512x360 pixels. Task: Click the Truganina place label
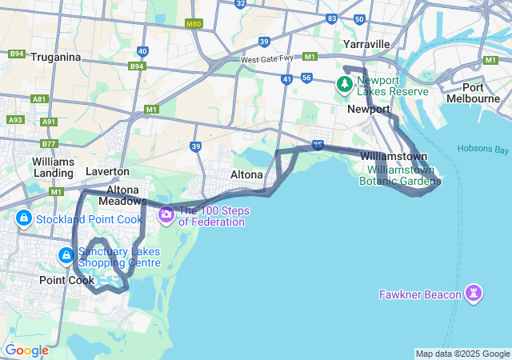tap(56, 57)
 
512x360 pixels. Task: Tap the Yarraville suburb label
tap(366, 43)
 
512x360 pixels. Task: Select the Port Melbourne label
tap(483, 93)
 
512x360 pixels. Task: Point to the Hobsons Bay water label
tap(483, 149)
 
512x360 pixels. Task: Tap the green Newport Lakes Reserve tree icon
tap(345, 84)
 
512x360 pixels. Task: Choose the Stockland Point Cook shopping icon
tap(23, 218)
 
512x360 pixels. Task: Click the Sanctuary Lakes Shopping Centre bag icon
tap(66, 256)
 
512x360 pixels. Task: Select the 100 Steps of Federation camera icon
tap(166, 214)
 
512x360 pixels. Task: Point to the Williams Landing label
tap(54, 166)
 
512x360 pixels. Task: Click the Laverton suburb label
tap(107, 171)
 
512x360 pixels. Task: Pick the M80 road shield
tap(194, 25)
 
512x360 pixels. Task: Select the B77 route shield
tap(49, 144)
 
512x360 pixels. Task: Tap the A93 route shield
tap(15, 120)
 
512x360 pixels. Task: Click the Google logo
tap(26, 350)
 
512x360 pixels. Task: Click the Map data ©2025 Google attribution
tap(462, 354)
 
